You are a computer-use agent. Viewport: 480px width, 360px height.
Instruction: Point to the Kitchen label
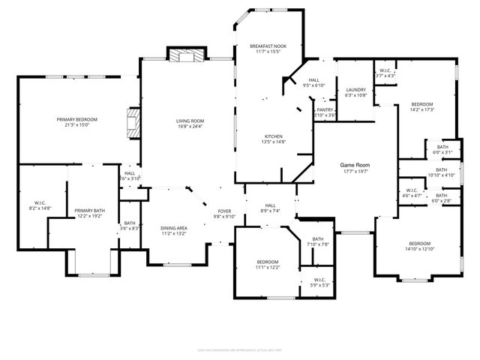253,136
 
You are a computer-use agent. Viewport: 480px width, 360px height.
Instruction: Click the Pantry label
325,109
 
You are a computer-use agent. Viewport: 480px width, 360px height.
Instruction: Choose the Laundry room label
355,89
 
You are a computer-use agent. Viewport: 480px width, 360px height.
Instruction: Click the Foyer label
224,211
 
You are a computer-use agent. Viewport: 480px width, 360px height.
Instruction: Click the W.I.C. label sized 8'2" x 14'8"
40,202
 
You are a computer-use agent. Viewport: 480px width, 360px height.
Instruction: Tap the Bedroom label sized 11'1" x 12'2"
267,262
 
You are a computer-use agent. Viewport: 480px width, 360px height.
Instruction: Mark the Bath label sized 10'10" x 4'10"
442,169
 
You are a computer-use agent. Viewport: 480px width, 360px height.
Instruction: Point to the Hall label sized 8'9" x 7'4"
270,205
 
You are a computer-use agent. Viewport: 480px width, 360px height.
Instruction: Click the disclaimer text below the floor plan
239,348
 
